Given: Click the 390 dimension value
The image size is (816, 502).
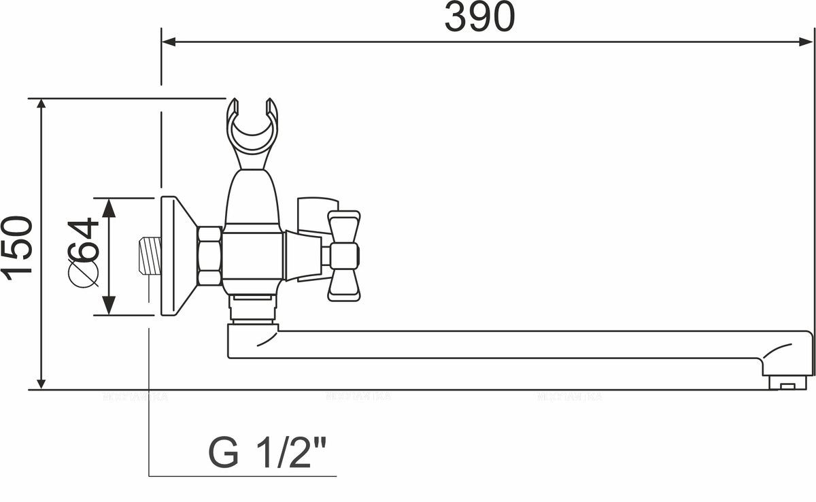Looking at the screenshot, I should coord(479,18).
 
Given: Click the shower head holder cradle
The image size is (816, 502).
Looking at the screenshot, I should coord(252,129).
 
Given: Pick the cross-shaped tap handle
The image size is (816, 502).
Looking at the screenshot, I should coord(343,256).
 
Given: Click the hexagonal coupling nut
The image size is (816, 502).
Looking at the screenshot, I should coord(209,256).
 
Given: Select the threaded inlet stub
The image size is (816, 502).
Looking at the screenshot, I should coord(150,256).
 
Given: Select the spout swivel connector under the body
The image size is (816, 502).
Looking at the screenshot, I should coord(252,309).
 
